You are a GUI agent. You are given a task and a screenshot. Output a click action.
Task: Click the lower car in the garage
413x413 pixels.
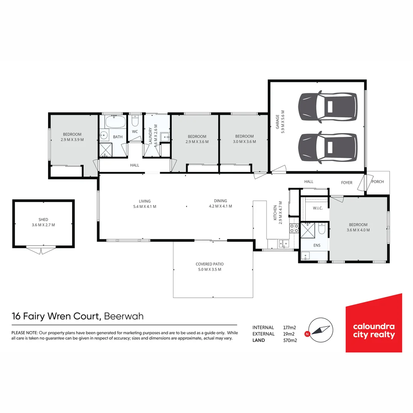[327, 146]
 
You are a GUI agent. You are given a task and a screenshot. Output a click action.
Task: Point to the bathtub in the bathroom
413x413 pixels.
[115, 122]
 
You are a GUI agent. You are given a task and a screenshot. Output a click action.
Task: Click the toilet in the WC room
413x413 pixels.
[135, 121]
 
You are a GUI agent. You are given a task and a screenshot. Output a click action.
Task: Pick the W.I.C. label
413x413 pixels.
[318, 208]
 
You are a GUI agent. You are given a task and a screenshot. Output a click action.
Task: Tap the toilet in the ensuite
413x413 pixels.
[322, 229]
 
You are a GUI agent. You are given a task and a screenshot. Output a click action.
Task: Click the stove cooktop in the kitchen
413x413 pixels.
[294, 228]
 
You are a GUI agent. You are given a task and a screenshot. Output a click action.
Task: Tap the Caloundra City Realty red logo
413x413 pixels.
[374, 323]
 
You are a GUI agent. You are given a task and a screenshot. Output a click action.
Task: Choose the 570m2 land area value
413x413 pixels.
[290, 340]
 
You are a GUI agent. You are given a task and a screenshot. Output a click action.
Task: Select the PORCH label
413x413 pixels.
[377, 182]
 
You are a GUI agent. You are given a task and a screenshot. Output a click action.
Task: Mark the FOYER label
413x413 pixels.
[346, 183]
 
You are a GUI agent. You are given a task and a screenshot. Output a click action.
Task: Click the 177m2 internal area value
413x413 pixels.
[290, 327]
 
